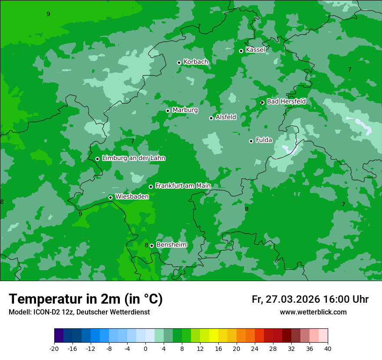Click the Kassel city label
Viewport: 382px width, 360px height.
[x=255, y=50]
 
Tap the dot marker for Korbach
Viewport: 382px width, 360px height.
[x=179, y=62]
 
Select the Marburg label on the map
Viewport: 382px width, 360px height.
[x=185, y=110]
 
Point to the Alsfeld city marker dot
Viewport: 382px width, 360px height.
[x=211, y=118]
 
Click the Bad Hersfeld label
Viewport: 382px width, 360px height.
[x=286, y=101]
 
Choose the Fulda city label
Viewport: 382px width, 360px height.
[x=264, y=140]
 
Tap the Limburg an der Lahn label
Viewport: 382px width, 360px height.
[x=133, y=158]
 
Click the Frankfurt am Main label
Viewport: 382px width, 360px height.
[x=183, y=186]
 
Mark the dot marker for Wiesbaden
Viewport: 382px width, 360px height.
[x=111, y=197]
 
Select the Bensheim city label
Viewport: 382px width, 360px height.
[x=171, y=245]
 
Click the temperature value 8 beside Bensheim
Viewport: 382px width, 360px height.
[x=146, y=245]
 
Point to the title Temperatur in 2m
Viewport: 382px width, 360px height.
[x=86, y=299]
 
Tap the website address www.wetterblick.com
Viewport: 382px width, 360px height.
[x=313, y=312]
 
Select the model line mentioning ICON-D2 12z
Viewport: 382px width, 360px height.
[x=79, y=312]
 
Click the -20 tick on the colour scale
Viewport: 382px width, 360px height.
[x=54, y=348]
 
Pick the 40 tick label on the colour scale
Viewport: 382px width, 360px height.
[x=328, y=348]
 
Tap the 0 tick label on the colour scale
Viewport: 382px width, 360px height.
[x=145, y=348]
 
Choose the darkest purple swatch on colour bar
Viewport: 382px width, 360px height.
[x=59, y=336]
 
